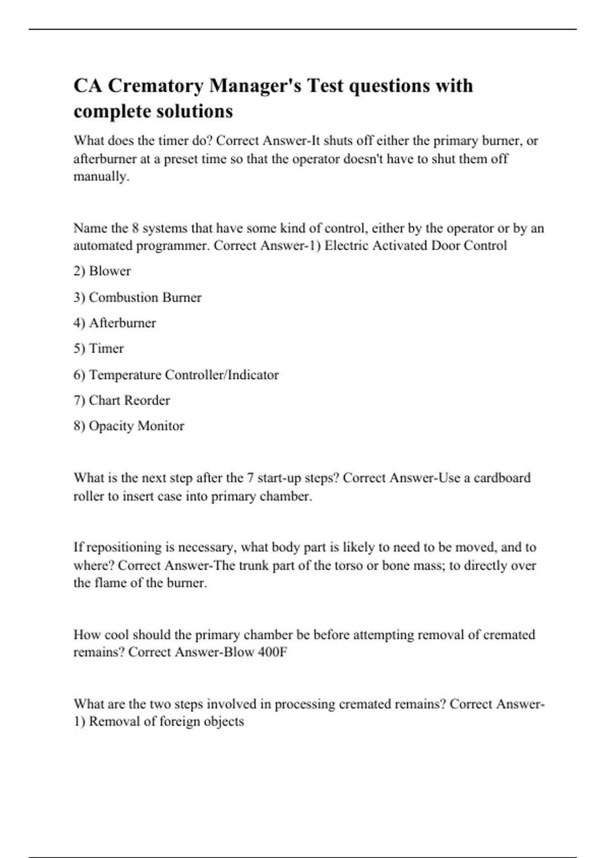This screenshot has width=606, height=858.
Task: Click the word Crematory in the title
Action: coord(156,86)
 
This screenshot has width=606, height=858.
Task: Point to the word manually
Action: coord(101,177)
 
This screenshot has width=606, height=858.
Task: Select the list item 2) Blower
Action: coord(102,271)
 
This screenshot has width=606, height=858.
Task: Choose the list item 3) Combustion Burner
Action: coord(137,297)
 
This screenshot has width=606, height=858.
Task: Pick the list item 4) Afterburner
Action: coord(115,323)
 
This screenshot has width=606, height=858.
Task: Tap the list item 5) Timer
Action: coord(98,349)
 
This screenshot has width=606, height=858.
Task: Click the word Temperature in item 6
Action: coord(125,375)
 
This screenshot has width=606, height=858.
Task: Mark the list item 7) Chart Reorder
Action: coord(122,400)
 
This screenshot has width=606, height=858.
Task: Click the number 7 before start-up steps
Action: coord(250,478)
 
